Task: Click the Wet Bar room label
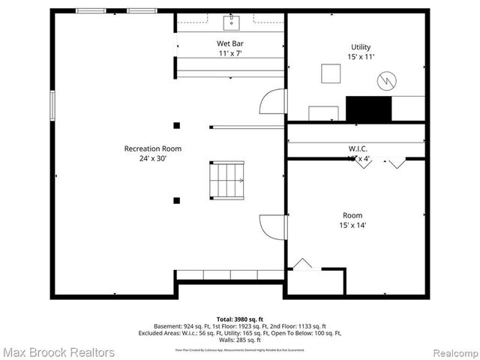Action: (230, 43)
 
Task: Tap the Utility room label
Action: (360, 47)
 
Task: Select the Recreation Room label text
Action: (153, 148)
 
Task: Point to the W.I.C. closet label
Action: (358, 148)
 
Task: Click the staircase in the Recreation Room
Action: (227, 180)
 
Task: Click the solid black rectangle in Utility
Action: (369, 109)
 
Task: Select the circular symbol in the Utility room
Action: (386, 79)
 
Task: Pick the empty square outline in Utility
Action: (331, 73)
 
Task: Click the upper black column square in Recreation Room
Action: (176, 125)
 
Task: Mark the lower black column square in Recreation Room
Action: (176, 200)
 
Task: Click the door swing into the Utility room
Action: (274, 101)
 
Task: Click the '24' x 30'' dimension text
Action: (153, 158)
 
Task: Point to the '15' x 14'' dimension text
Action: (357, 224)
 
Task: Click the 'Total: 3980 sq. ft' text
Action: (239, 319)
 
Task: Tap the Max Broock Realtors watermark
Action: (58, 352)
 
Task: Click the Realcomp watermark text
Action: (448, 352)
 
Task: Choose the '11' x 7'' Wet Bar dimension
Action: (230, 54)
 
